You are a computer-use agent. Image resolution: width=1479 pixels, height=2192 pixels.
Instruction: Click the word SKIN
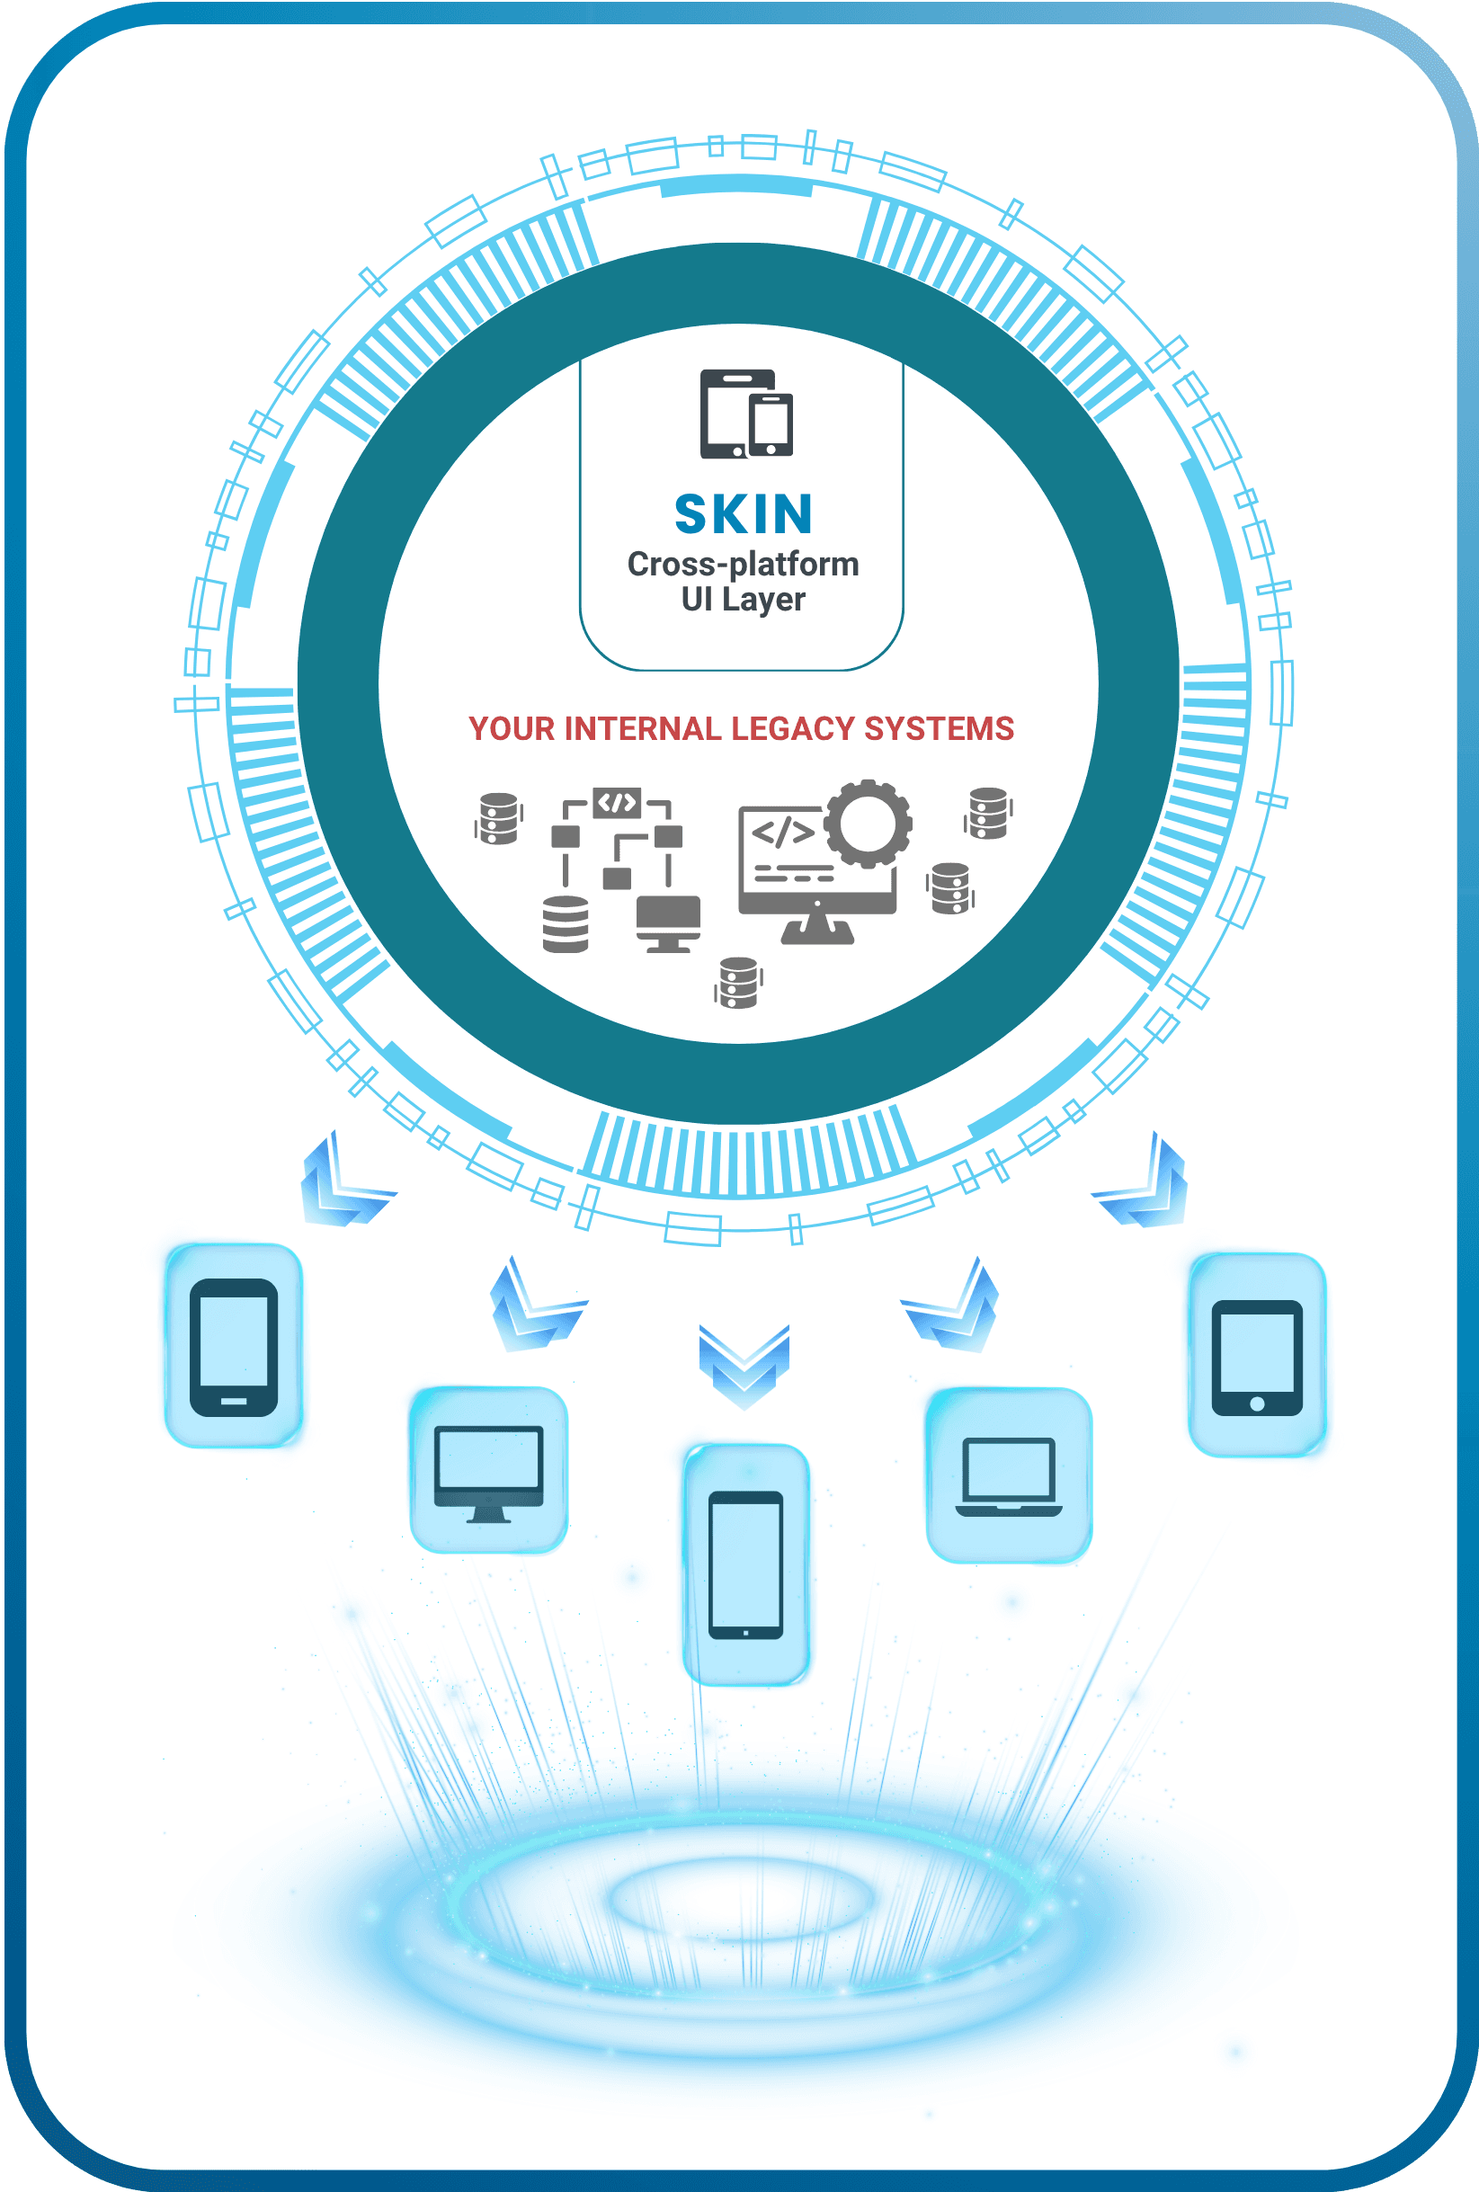coord(744,514)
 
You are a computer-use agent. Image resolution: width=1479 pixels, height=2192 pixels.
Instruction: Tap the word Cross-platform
coord(744,564)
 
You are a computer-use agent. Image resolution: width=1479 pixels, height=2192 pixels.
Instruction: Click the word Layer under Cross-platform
coord(763,600)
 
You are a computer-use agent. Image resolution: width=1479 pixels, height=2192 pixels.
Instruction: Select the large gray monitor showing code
coord(817,868)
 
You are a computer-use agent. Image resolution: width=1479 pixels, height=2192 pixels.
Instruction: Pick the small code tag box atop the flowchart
coord(617,803)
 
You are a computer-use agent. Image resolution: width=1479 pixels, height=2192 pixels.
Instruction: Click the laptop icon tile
coord(1008,1475)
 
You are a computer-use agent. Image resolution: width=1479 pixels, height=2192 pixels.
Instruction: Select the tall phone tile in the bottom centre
coord(745,1564)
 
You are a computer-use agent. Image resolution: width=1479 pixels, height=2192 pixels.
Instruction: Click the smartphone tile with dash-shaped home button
coord(234,1347)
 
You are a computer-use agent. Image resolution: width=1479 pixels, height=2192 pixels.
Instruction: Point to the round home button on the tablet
coord(1256,1403)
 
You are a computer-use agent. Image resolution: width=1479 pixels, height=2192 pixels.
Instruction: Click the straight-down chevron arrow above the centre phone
coord(744,1365)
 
